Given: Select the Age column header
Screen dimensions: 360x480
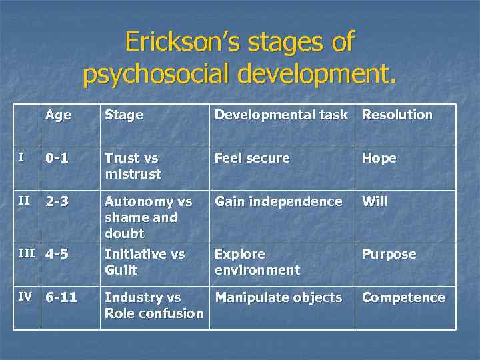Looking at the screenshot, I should [x=58, y=115].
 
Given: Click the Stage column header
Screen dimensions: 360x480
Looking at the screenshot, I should [x=123, y=115].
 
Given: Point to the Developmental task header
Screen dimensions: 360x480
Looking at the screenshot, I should [x=281, y=115].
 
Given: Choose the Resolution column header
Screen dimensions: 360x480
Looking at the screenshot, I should [x=397, y=115].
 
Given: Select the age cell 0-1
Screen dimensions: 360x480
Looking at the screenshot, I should [x=57, y=158].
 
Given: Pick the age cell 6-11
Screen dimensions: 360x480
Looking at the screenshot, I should [x=61, y=297].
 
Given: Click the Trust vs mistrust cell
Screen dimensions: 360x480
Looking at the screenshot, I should [x=133, y=166].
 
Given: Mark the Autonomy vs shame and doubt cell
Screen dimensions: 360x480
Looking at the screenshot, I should [x=148, y=217].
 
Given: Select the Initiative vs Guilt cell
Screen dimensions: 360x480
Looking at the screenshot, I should [x=144, y=262].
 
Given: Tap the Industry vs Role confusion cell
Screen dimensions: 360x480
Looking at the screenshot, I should [x=153, y=305].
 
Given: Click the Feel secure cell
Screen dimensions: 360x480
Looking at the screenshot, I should [x=252, y=158].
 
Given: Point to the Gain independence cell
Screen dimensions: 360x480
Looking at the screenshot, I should [x=278, y=201].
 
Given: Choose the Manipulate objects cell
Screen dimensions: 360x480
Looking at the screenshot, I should [x=278, y=297].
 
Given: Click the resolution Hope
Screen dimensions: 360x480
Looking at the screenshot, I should [x=379, y=158].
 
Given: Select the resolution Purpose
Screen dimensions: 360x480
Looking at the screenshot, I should [x=389, y=254].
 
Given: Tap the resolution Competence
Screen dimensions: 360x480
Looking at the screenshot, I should [x=403, y=297].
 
